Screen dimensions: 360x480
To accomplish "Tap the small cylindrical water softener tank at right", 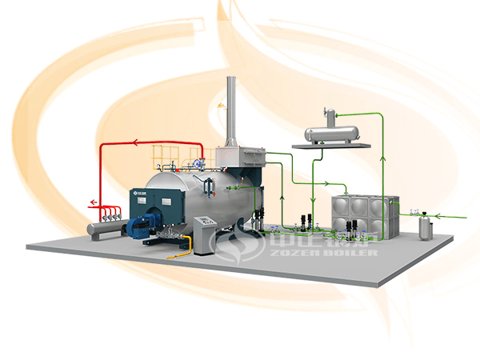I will click(x=426, y=227).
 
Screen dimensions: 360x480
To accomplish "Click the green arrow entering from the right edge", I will click(x=461, y=214).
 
